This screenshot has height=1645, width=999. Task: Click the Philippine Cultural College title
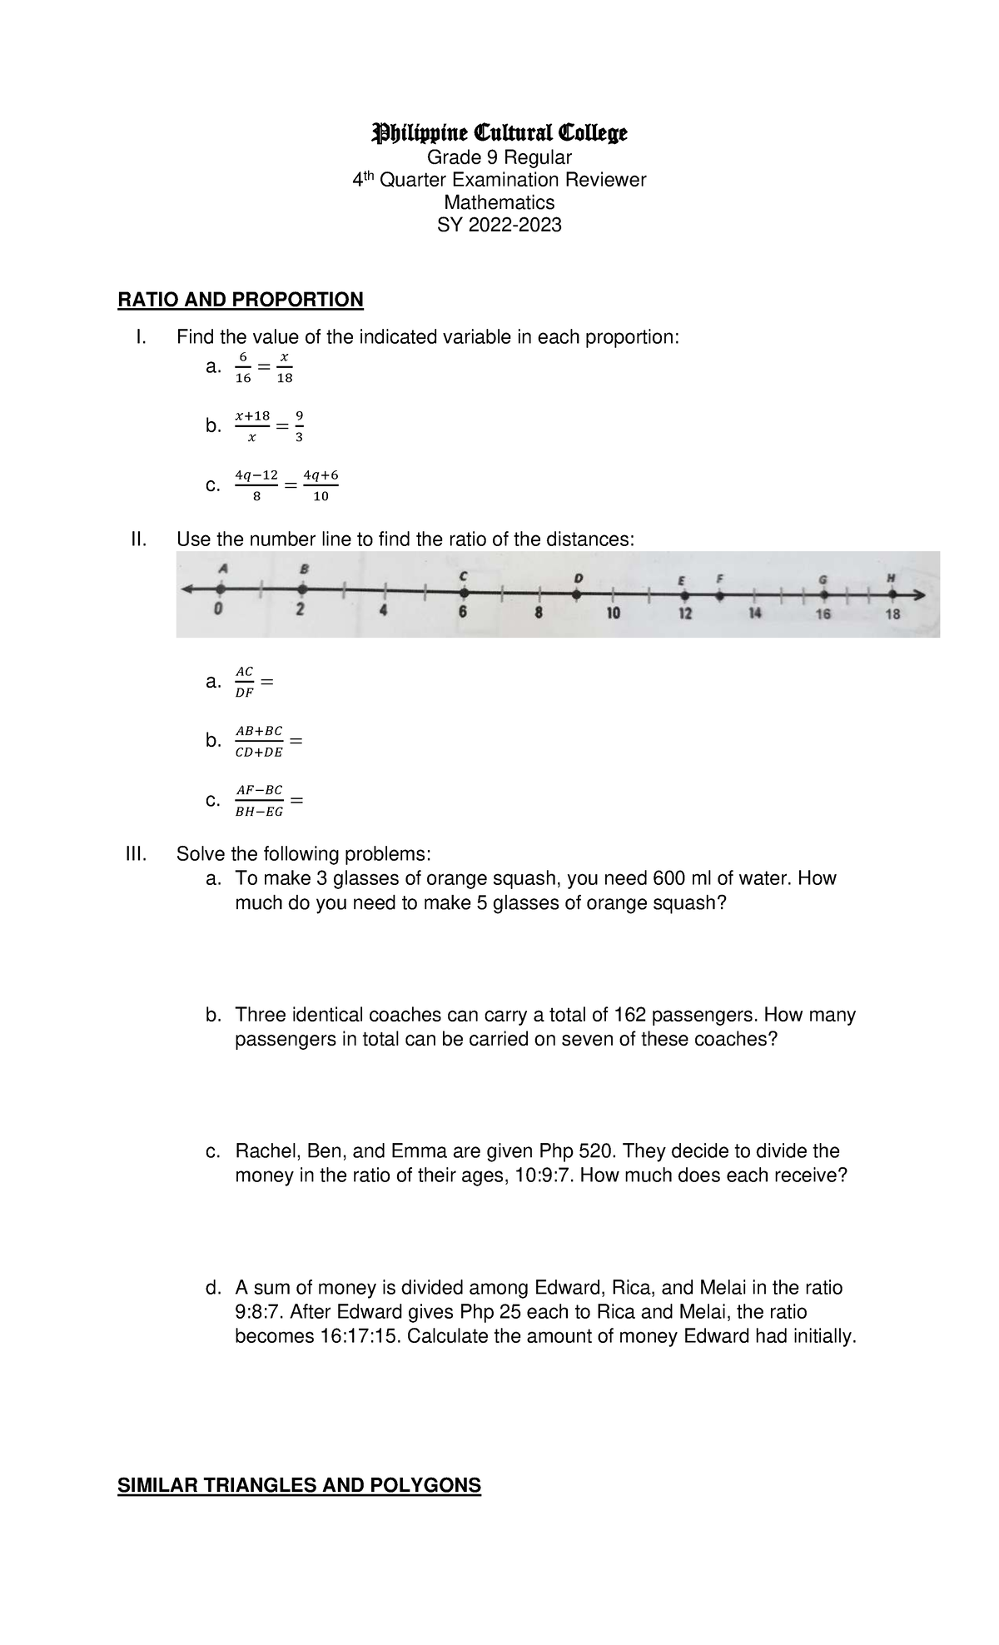(x=499, y=132)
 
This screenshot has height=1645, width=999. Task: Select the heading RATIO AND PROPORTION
(x=241, y=300)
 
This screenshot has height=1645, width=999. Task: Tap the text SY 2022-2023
(x=499, y=225)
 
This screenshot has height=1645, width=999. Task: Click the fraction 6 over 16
(x=242, y=367)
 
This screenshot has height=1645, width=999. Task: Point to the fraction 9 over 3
(x=299, y=425)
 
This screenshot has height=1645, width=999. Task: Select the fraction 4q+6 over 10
(x=321, y=485)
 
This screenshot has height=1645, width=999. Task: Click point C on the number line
(x=464, y=594)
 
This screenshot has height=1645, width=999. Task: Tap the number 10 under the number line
(x=612, y=614)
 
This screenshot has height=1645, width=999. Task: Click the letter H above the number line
(x=890, y=577)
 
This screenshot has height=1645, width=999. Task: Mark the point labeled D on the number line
(x=577, y=594)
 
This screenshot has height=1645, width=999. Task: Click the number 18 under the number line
(x=892, y=614)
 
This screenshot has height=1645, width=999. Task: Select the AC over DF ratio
(x=244, y=681)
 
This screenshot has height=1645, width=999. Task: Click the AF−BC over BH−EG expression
(x=259, y=800)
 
